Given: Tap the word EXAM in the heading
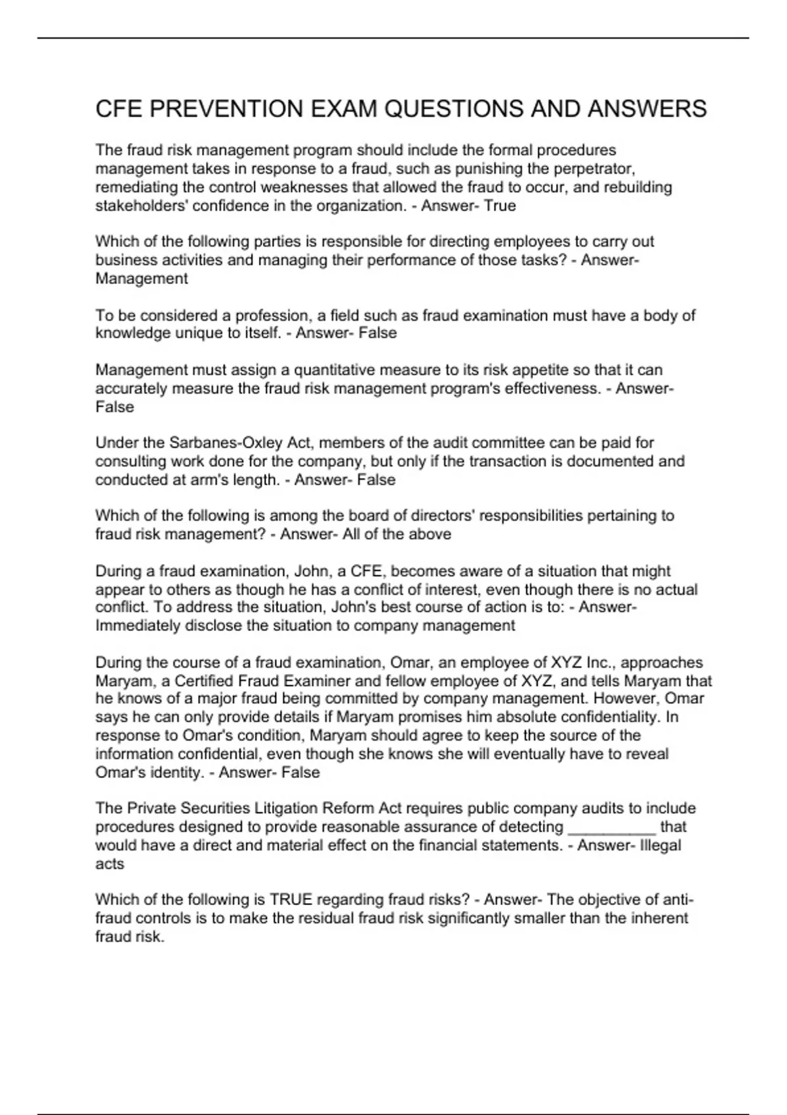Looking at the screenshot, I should [342, 109].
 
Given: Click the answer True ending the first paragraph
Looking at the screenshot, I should [500, 206].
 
